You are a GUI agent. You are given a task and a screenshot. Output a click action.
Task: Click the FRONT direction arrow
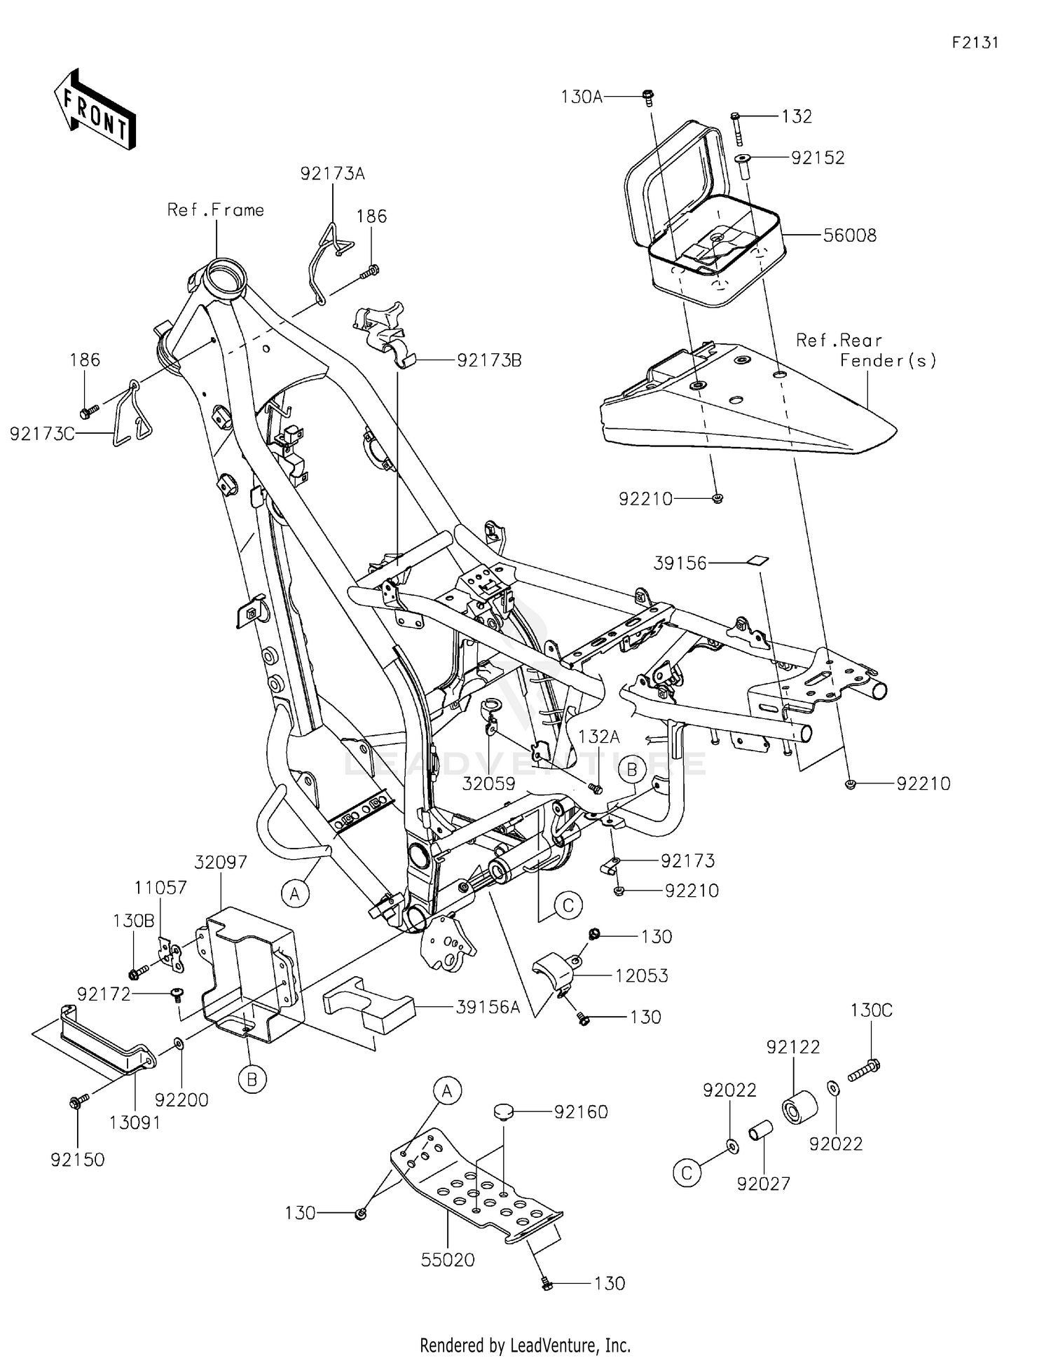[x=95, y=111]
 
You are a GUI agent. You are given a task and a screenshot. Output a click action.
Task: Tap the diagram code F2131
[x=975, y=43]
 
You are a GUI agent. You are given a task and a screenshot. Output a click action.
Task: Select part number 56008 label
[x=849, y=235]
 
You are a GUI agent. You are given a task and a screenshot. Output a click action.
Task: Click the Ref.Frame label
[x=215, y=210]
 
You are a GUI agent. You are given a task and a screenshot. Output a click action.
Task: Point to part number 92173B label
[x=489, y=361]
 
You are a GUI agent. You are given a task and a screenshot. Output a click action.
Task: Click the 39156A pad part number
[x=488, y=1008]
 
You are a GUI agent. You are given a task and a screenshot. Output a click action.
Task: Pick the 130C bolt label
[x=871, y=1010]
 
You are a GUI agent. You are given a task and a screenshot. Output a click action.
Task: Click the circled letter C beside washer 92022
[x=687, y=1173]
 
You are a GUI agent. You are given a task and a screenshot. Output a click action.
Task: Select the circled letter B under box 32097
[x=252, y=1080]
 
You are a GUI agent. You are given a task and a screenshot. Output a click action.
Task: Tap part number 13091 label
[x=135, y=1123]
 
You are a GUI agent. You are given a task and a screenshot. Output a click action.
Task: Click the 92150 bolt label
[x=77, y=1160]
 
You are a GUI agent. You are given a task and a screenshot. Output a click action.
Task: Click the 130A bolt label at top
[x=582, y=97]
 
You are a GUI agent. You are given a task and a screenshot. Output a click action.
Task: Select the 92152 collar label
[x=818, y=158]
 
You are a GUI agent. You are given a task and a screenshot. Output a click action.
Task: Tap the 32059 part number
[x=488, y=784]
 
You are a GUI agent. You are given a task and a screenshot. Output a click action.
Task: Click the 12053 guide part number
[x=641, y=975]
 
